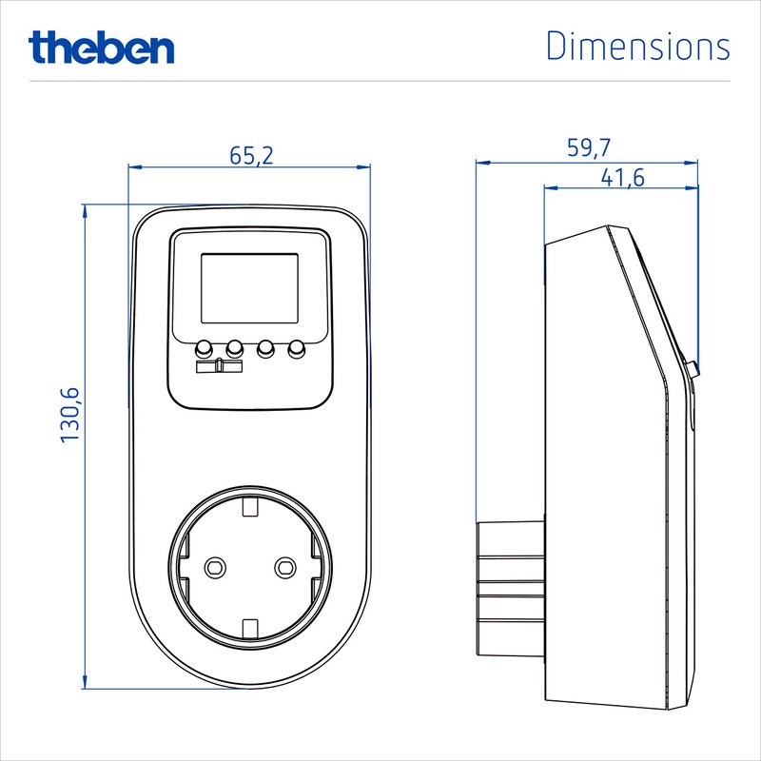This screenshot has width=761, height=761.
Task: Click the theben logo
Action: pos(101,46)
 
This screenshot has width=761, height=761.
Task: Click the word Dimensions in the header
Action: pos(637,46)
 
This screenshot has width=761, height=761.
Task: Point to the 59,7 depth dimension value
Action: pos(589,147)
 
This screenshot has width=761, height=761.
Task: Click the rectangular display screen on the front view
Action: pos(249,289)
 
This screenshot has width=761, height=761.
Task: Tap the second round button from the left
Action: pos(235,348)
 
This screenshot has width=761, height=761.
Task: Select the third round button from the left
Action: pos(266,348)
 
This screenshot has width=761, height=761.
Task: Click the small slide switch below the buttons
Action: pos(220,366)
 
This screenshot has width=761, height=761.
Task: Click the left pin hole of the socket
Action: pos(215,567)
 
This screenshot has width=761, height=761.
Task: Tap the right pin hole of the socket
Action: pos(283,567)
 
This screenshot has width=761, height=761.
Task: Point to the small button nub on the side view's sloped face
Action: pos(692,366)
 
